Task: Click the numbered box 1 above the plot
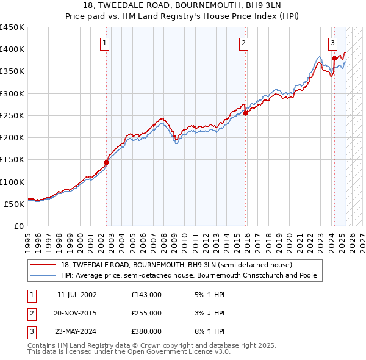[x=106, y=43]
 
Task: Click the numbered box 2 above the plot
[x=243, y=43]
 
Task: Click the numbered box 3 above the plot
[x=332, y=43]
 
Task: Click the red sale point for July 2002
[x=106, y=162]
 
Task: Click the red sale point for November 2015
[x=245, y=113]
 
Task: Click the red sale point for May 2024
[x=334, y=58]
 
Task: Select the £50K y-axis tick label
[x=14, y=204]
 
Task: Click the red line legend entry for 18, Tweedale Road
[x=176, y=265]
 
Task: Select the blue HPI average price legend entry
[x=188, y=275]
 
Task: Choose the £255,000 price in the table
[x=146, y=313]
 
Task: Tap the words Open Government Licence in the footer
[x=181, y=352]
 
